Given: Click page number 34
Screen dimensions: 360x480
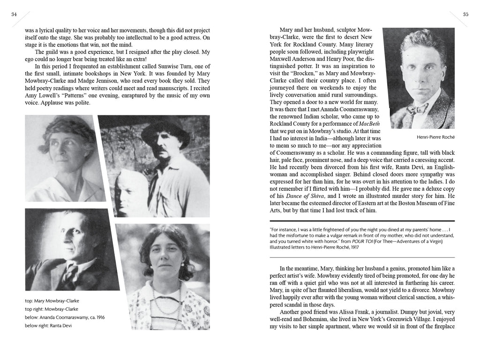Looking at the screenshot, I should (x=14, y=15).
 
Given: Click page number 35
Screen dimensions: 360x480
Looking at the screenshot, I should (x=465, y=15).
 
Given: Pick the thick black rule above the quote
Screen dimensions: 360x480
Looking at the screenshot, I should (x=362, y=220).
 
